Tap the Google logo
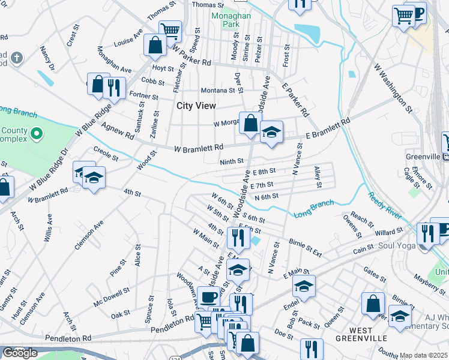pos(19,353)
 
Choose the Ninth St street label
pos(232,161)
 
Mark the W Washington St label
pos(393,89)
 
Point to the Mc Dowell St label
pos(112,298)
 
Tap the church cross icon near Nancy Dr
pos(17,59)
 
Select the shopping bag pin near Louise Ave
pos(155,44)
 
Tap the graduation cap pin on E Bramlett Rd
pos(271,132)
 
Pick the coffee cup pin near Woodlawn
pos(209,296)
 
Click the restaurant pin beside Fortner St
pos(113,88)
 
